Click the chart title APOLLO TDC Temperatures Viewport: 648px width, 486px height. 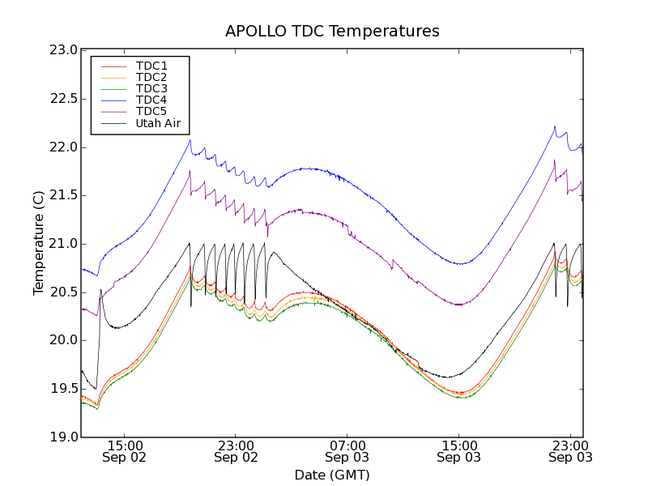pyautogui.click(x=332, y=32)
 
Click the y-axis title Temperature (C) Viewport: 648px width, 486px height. pyautogui.click(x=39, y=243)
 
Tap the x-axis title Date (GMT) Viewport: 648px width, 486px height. pyautogui.click(x=332, y=475)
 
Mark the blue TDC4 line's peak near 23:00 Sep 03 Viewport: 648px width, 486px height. pyautogui.click(x=555, y=126)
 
